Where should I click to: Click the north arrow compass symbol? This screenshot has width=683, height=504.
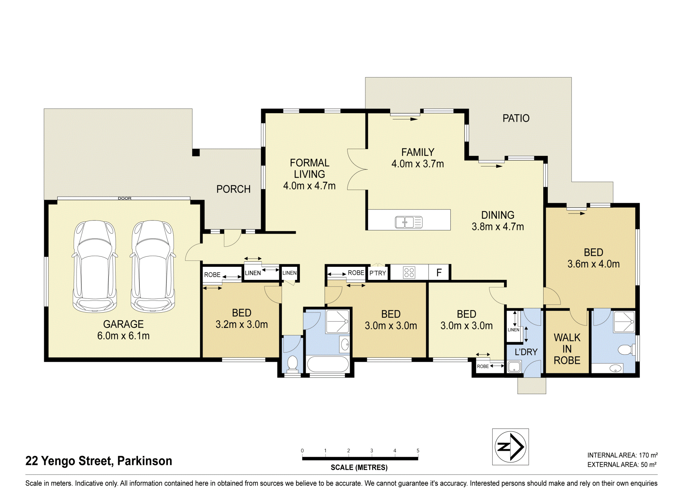point(510,447)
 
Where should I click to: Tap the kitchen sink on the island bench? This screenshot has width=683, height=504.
point(409,222)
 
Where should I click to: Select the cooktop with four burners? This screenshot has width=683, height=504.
point(409,273)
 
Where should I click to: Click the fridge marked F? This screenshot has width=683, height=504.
point(439,273)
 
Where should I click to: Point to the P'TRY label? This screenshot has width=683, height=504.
point(377,273)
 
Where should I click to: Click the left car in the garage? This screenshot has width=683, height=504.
point(95,266)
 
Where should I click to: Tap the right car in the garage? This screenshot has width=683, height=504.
point(153,266)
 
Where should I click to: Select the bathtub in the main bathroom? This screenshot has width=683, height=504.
point(328,364)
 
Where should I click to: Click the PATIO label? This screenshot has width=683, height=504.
point(516,118)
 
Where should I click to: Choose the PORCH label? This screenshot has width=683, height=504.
point(233,189)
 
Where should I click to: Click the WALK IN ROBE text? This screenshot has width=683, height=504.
point(567,349)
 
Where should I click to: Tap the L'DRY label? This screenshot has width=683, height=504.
point(526,352)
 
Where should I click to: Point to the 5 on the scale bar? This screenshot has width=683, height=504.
point(418,451)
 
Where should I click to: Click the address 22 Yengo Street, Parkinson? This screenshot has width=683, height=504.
point(99,461)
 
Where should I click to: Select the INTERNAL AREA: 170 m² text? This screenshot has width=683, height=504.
point(622,455)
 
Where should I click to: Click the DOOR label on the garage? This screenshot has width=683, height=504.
point(125,198)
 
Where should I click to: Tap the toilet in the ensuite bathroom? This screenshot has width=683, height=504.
point(626,350)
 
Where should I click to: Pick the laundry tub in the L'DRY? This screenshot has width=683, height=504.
point(514,367)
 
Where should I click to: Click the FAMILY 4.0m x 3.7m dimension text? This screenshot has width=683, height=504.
point(418,158)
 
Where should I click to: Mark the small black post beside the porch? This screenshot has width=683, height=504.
point(196,153)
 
